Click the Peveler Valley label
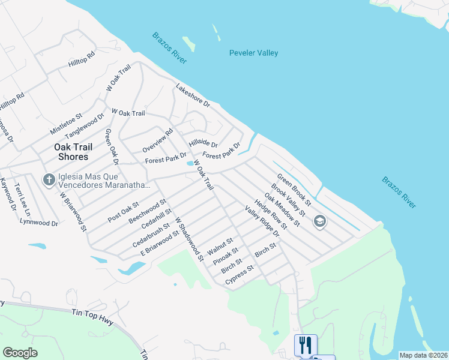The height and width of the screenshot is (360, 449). (253, 53)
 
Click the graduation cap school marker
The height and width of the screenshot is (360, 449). (320, 222)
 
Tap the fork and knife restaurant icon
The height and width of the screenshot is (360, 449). (305, 344)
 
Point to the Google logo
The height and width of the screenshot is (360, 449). (20, 353)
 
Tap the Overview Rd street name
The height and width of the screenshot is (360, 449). (157, 140)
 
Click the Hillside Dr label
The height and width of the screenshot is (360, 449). (203, 143)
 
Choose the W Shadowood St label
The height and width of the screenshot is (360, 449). (189, 239)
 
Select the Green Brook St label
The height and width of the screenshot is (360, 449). (294, 188)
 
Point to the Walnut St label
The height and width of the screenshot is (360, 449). (219, 246)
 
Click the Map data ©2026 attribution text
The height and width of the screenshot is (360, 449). (423, 355)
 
